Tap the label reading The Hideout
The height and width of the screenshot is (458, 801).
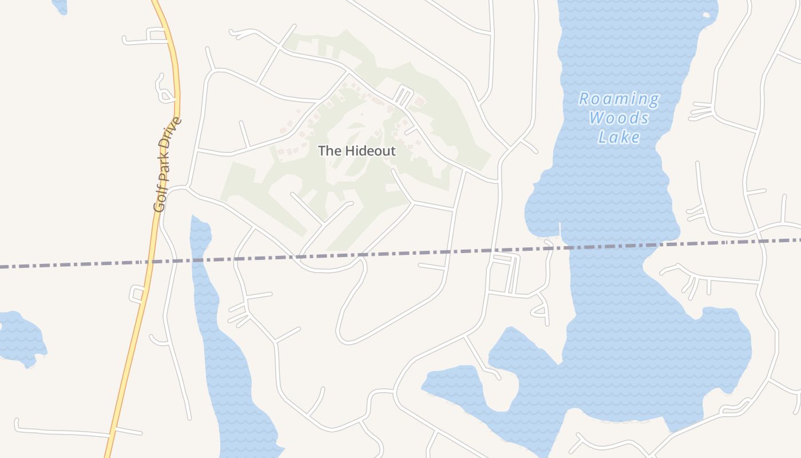(356, 151)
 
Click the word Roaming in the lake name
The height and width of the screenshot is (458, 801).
(618, 99)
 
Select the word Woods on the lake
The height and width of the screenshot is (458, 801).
(619, 118)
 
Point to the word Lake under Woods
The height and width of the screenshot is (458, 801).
(619, 137)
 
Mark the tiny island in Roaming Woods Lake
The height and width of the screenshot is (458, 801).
(707, 15)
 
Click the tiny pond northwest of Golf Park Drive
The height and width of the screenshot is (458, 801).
(59, 6)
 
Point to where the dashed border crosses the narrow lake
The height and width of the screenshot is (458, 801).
(202, 260)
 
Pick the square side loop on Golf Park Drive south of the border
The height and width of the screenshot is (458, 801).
(138, 294)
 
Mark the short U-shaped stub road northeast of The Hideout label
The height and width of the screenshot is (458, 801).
(404, 96)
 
